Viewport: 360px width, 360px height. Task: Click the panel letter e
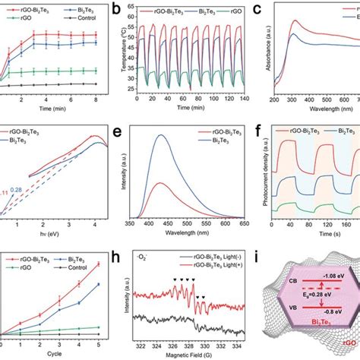pos(119,131)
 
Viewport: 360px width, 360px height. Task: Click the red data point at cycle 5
pos(97,285)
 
